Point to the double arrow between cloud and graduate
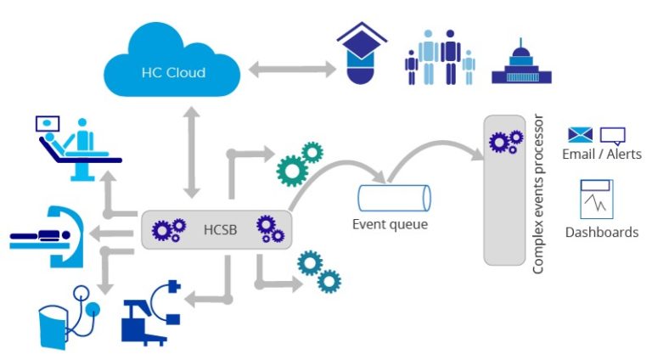point(288,70)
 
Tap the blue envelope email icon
point(580,134)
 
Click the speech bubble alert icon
point(612,135)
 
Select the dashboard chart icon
point(597,199)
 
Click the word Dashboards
point(602,232)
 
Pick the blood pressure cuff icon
point(67,314)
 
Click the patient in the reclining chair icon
point(73,147)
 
